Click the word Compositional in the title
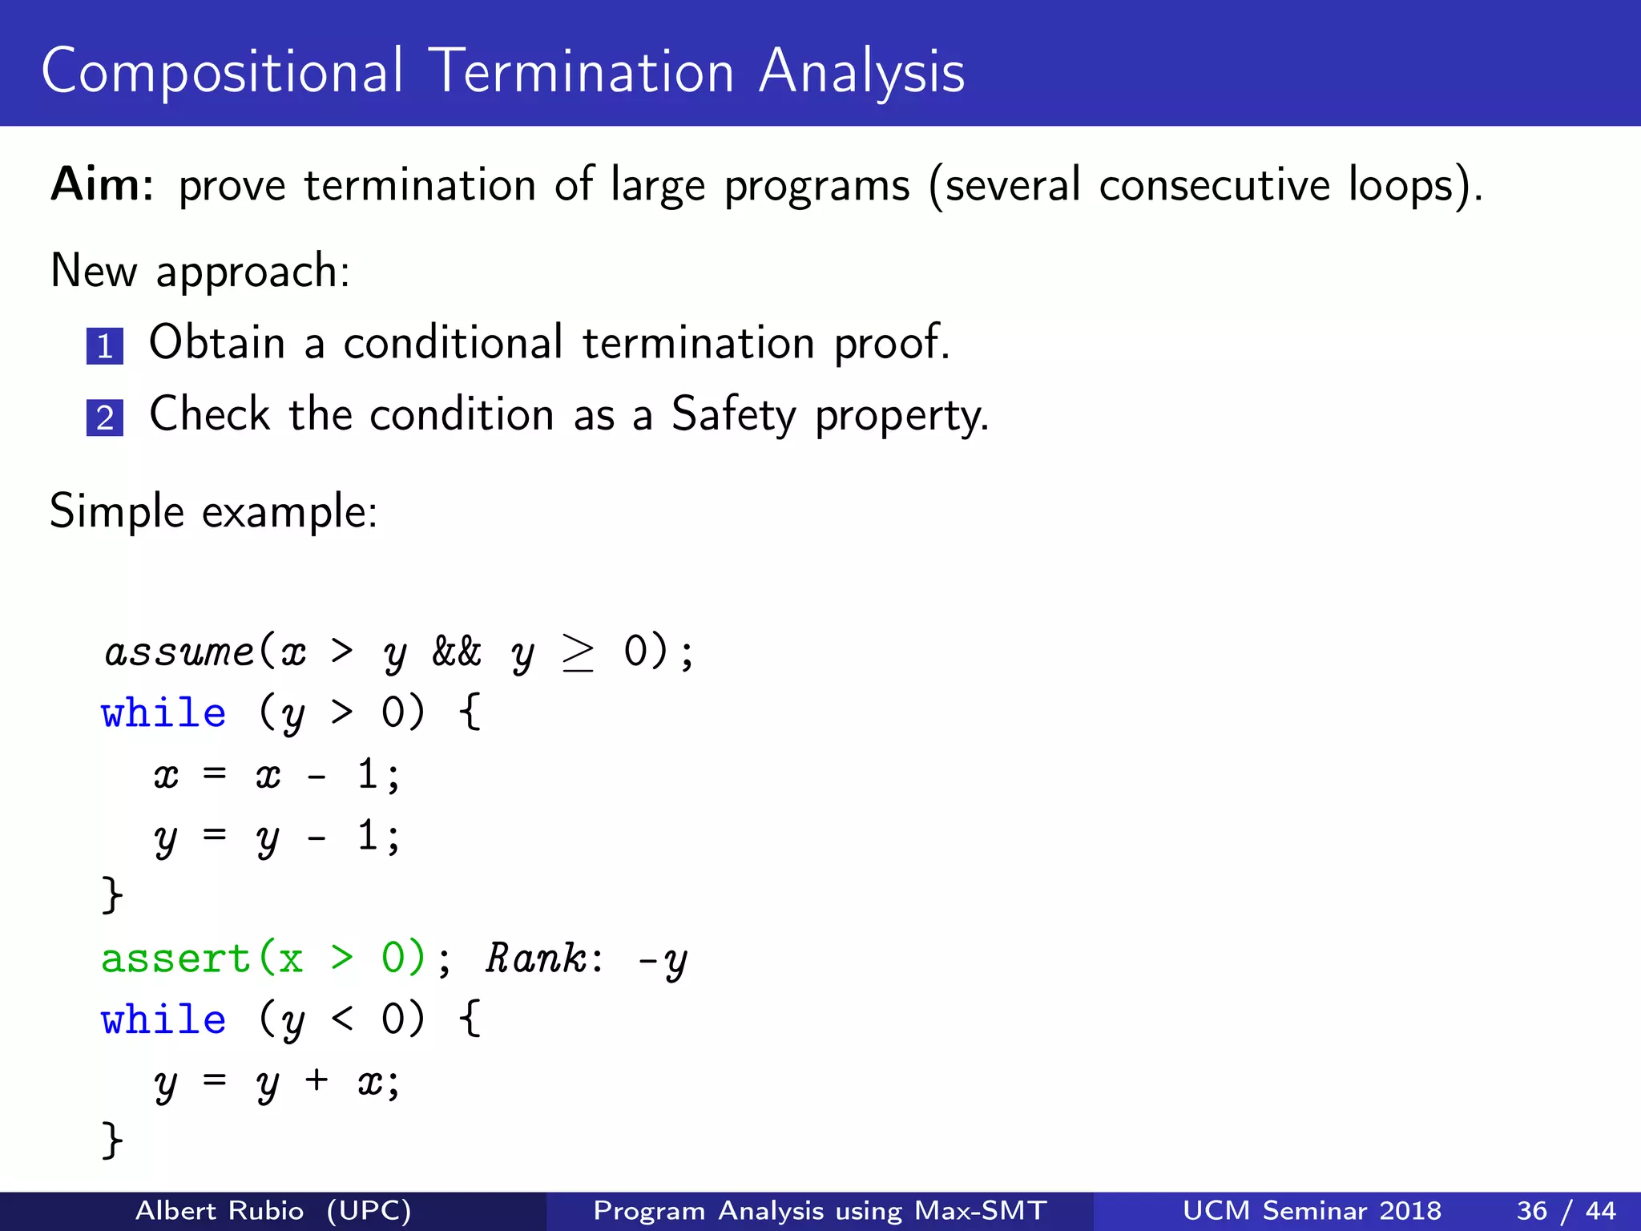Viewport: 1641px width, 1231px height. click(222, 72)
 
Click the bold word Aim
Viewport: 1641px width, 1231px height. click(101, 184)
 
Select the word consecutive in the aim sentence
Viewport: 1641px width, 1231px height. click(1214, 184)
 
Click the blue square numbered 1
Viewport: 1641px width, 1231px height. click(105, 346)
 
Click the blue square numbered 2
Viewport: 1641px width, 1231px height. click(105, 418)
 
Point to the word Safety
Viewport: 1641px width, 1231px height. click(733, 415)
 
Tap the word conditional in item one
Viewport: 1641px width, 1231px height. click(454, 343)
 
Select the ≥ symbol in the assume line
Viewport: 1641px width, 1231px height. click(578, 652)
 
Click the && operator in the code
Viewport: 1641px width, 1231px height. click(457, 651)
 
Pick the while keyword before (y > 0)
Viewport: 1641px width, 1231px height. click(163, 712)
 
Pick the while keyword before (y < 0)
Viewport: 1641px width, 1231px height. click(163, 1019)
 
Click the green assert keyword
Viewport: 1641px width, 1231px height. click(175, 959)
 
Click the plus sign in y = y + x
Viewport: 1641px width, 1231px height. click(317, 1080)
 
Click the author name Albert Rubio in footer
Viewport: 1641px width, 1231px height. click(220, 1210)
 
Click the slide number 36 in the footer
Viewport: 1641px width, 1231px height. click(1531, 1210)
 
